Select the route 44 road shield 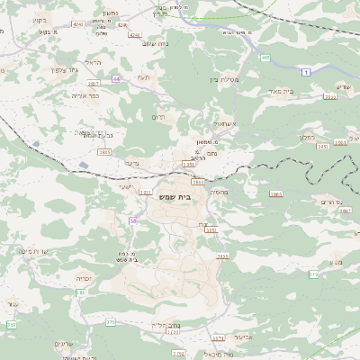coord(116,78)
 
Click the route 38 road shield coord(133,220)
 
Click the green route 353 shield coord(12,324)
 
